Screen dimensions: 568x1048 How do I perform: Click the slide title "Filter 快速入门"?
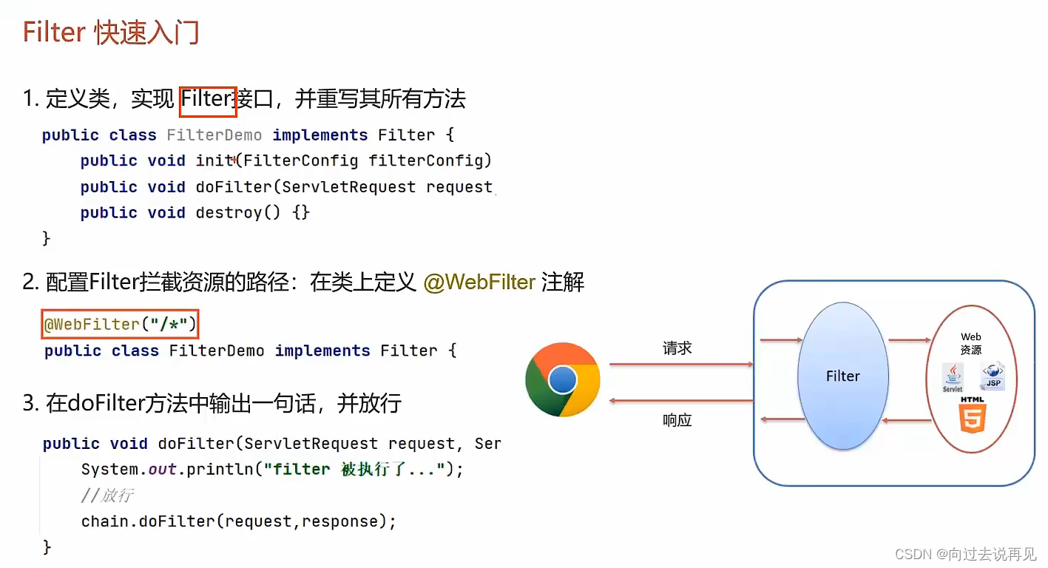(x=111, y=33)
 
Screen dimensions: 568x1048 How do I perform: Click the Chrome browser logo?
(x=562, y=379)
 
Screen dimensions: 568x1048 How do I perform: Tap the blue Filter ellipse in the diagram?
(x=842, y=376)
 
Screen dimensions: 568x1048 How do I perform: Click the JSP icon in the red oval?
(x=993, y=376)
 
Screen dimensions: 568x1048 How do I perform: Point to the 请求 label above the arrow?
(x=677, y=348)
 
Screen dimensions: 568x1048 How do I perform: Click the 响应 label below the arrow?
(x=677, y=421)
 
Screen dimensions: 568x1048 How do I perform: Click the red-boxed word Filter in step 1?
(x=208, y=99)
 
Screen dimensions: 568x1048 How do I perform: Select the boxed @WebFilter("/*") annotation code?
(x=121, y=324)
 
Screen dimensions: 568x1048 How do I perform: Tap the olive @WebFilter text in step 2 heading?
(x=479, y=282)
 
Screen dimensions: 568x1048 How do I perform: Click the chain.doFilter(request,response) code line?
(x=239, y=521)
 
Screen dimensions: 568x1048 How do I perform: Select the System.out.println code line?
(x=272, y=470)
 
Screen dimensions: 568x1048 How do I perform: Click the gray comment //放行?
(x=107, y=496)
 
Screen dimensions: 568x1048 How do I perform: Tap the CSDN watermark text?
(x=965, y=554)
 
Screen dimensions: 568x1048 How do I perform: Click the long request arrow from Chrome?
(x=680, y=364)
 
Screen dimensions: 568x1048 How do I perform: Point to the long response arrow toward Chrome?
(x=680, y=401)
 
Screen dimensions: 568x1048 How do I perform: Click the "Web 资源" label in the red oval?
(x=970, y=343)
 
